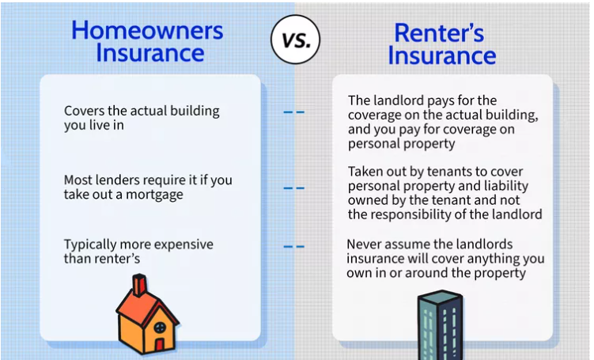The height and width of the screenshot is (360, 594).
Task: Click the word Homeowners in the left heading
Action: [x=147, y=30]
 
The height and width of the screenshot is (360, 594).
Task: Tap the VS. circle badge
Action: [x=296, y=40]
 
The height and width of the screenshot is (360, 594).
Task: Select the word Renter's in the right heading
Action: [x=439, y=33]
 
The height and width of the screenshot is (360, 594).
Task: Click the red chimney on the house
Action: [x=139, y=285]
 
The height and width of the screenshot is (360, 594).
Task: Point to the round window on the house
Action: [x=160, y=327]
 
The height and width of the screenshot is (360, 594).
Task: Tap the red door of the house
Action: [x=160, y=344]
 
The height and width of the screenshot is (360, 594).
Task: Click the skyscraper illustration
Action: [x=441, y=325]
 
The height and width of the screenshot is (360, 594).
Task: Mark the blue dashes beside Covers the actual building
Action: [x=294, y=112]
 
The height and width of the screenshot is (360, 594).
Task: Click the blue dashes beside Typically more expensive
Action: [x=294, y=247]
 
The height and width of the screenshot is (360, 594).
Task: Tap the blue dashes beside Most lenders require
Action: [x=294, y=188]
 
